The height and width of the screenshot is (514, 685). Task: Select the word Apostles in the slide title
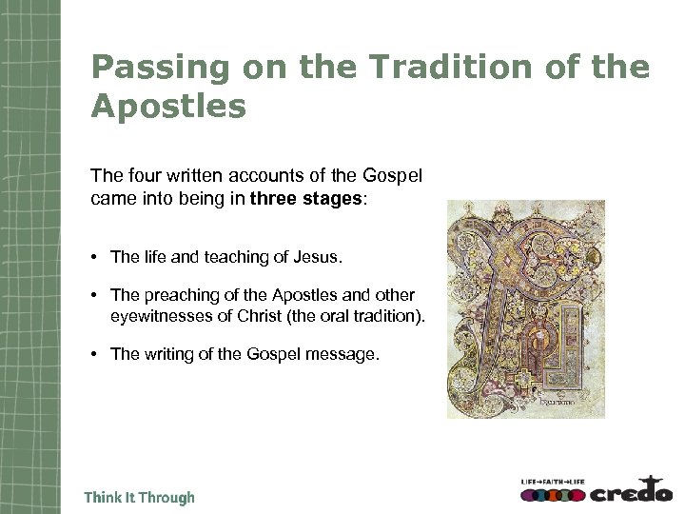pos(168,105)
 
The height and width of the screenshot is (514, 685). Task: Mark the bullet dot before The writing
pos(98,355)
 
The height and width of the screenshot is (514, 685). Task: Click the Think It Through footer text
pos(140,497)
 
